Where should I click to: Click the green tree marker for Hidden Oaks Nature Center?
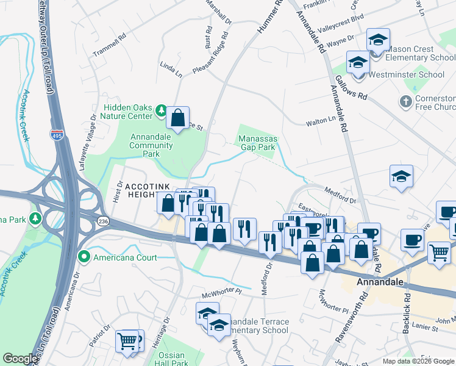tap(161, 110)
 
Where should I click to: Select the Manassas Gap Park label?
tap(257, 143)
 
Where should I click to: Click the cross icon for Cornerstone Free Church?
tap(405, 101)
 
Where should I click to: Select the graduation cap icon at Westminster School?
tap(358, 62)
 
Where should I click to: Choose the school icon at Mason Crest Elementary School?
tap(378, 40)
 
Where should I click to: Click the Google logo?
tap(21, 359)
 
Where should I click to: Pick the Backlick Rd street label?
tap(407, 316)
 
